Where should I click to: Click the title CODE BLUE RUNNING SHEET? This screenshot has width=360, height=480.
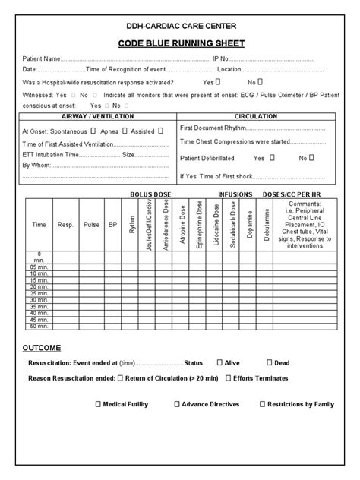pos(181,43)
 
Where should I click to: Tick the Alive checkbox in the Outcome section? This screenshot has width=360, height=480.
pos(220,362)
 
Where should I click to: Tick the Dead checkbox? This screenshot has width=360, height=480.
pos(268,362)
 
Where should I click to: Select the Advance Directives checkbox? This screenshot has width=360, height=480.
pos(177,404)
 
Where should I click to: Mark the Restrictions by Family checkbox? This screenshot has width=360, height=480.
pos(261,404)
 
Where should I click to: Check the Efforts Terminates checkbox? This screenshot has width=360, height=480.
pos(229,377)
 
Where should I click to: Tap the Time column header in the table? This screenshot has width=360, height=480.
pos(38,225)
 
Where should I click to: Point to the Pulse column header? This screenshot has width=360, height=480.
pos(91,225)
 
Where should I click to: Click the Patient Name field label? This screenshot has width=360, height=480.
pos(41,58)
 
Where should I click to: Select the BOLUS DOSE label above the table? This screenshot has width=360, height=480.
pos(151,194)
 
